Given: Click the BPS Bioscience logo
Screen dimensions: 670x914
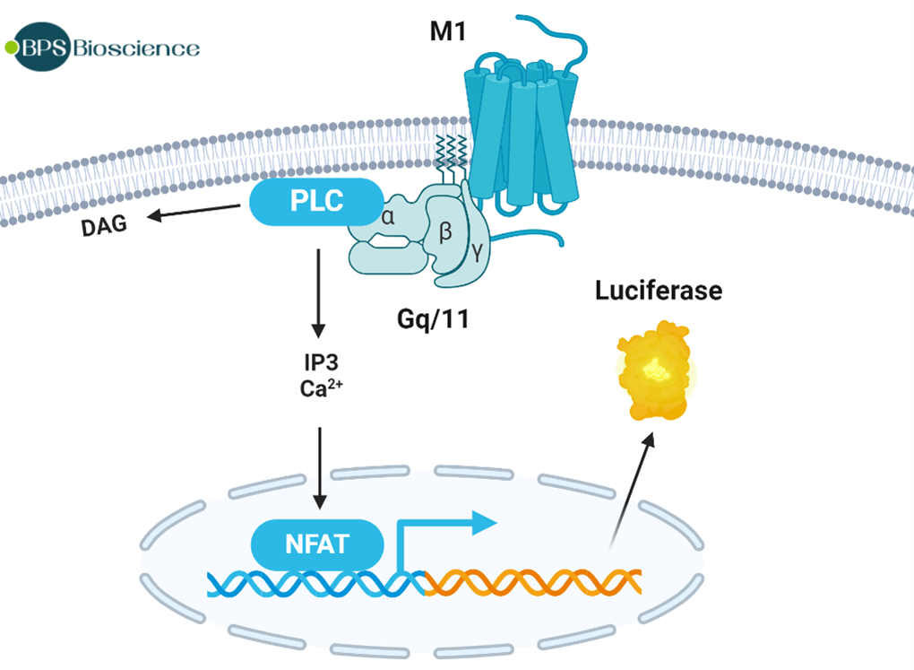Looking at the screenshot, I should (103, 47).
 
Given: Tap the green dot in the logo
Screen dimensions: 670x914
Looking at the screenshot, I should (12, 47).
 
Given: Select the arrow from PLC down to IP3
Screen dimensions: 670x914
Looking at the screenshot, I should (317, 292).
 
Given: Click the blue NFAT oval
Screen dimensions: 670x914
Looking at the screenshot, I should (318, 544).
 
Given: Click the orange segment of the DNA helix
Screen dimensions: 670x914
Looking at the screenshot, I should (533, 582).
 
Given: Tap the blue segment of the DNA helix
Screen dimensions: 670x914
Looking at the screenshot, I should (314, 583).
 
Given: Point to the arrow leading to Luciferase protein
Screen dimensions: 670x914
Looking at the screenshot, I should (633, 488).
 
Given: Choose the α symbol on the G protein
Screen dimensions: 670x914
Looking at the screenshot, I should (388, 216).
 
